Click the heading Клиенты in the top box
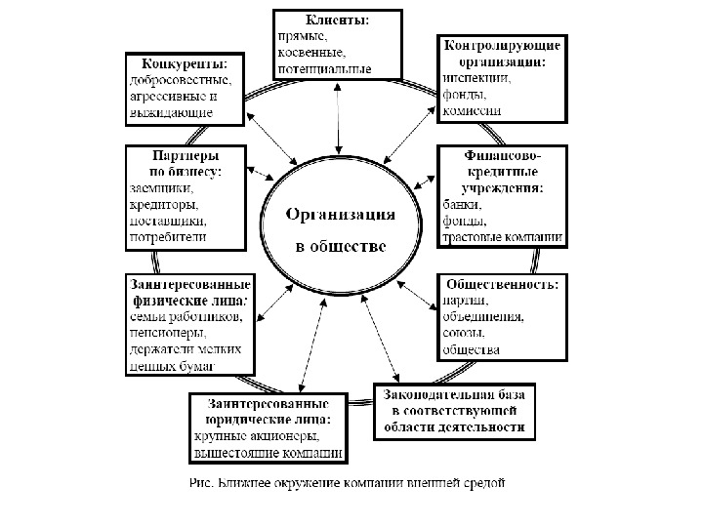[337, 20]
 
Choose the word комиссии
[473, 111]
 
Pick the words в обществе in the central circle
[341, 245]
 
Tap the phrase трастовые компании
[502, 237]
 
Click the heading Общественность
[501, 284]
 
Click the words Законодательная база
[454, 395]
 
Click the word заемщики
[161, 188]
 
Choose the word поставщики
[168, 221]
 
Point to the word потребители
[169, 237]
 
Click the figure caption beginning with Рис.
[347, 482]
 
